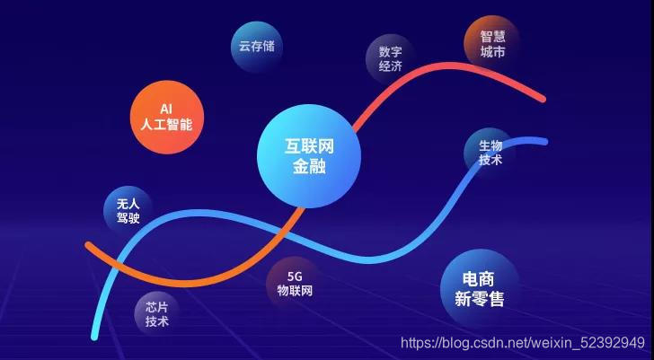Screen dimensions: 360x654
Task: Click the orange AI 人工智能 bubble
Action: (161, 119)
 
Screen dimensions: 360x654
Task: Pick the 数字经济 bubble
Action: (391, 59)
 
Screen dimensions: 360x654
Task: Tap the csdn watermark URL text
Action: (521, 342)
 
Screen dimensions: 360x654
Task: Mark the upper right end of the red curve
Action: (543, 98)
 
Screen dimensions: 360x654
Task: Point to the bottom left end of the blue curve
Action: (94, 337)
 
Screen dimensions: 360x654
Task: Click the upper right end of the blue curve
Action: (544, 141)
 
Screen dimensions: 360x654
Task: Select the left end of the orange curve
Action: (88, 244)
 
